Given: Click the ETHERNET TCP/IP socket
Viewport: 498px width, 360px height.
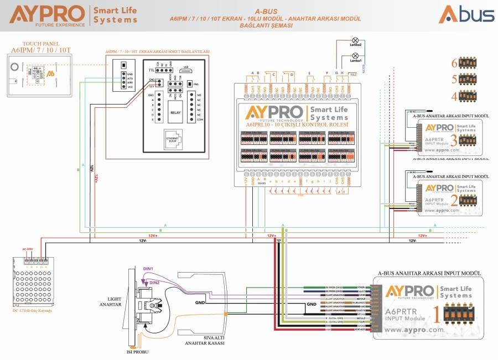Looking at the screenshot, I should point(172,140).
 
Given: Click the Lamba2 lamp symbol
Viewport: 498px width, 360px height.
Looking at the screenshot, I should point(355,41).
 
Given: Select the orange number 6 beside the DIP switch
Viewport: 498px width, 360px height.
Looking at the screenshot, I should point(454,62).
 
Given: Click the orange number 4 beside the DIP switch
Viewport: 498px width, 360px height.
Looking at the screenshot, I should point(454,96).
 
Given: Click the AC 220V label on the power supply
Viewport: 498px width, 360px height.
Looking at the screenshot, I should point(27,249).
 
